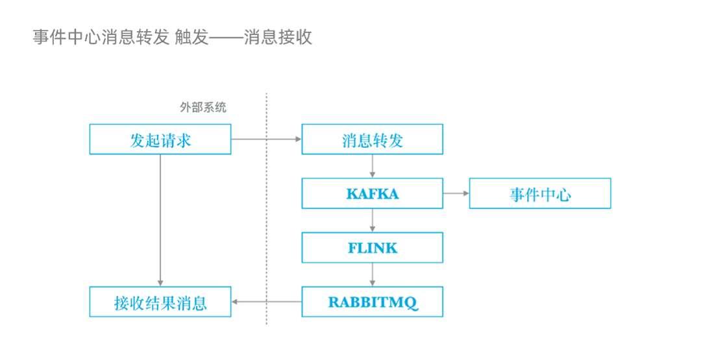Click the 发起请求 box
[x=160, y=139]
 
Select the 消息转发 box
[x=372, y=139]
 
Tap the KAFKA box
[x=372, y=193]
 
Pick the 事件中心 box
[x=539, y=193]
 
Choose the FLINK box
[x=372, y=247]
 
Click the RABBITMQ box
[x=372, y=302]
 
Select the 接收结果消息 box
[x=160, y=302]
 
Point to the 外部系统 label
[x=203, y=108]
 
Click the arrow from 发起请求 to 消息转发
[x=266, y=139]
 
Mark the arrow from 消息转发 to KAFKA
[x=372, y=166]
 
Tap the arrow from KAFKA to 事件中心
[x=456, y=193]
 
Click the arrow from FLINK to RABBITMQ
[x=372, y=274]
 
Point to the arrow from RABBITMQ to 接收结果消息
[x=266, y=302]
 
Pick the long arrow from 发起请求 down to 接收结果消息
[x=160, y=221]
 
